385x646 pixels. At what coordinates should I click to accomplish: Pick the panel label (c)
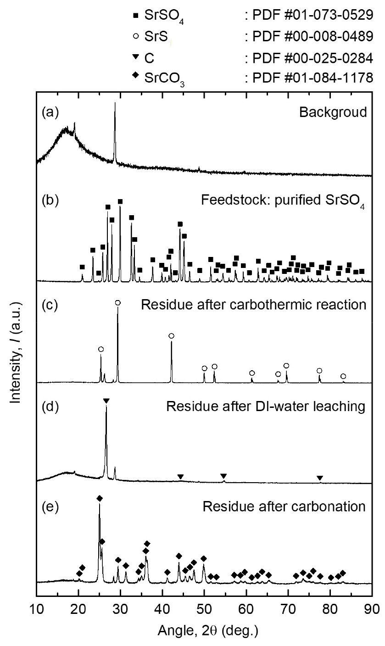pos(49,304)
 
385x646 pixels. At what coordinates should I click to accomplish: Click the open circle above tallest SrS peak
pos(118,303)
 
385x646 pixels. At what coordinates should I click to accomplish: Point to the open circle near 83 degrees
pos(343,376)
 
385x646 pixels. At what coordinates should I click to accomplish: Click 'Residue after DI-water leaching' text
pos(266,406)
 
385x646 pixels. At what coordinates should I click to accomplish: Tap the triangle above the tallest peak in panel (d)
pos(106,401)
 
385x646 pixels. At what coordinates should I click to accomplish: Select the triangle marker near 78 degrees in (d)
pos(320,479)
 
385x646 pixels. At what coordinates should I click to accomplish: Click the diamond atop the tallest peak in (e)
pos(99,498)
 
